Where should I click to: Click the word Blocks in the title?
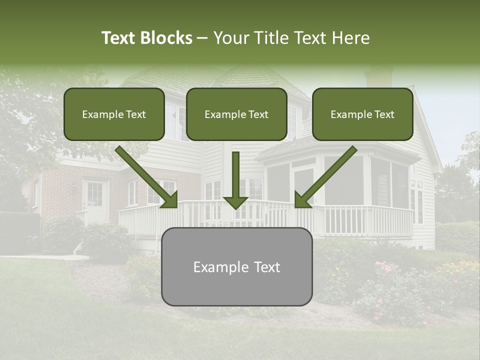[166, 38]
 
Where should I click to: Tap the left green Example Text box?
[114, 114]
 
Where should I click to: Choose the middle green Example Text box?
[236, 114]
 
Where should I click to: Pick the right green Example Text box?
[362, 114]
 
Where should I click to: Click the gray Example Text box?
[236, 266]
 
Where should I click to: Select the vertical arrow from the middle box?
[235, 180]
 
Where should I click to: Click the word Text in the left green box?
[135, 114]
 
